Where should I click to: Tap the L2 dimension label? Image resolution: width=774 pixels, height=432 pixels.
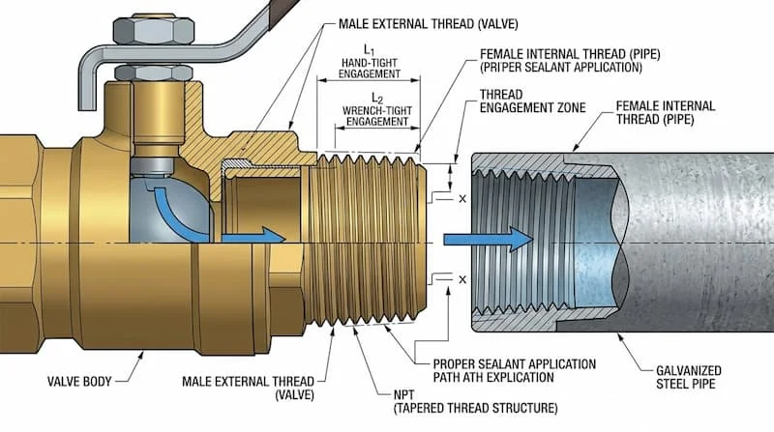click(x=372, y=99)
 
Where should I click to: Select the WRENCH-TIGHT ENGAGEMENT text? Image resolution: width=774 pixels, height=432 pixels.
click(x=372, y=116)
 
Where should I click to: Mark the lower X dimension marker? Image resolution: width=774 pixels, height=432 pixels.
click(x=462, y=279)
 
